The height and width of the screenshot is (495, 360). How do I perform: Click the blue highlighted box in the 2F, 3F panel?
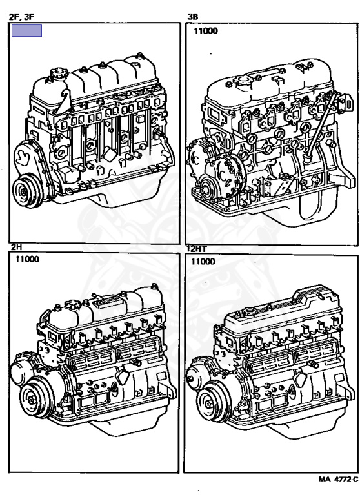[26, 31]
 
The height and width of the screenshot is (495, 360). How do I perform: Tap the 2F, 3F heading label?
[21, 17]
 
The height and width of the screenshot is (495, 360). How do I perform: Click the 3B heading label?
[193, 17]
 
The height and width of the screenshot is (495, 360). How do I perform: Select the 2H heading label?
[16, 247]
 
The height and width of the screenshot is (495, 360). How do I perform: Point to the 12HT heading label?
[196, 249]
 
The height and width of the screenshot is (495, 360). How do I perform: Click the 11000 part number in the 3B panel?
[206, 31]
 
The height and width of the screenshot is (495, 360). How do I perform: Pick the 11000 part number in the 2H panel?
[28, 259]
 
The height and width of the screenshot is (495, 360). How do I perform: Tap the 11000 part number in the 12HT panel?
[203, 262]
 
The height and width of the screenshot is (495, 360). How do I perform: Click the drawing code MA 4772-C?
[338, 480]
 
